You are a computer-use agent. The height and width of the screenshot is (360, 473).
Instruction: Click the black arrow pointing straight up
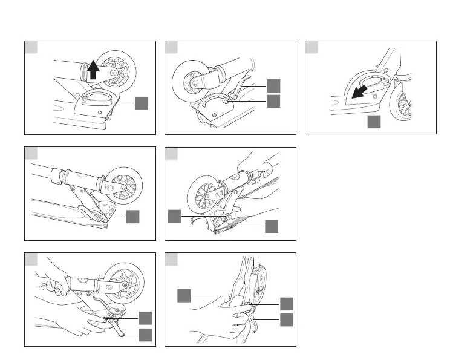click(93, 72)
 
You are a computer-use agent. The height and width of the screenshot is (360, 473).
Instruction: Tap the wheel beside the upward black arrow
click(117, 71)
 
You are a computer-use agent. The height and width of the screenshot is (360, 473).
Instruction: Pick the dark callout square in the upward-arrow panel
click(142, 103)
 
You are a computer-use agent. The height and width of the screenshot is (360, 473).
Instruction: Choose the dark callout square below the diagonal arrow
click(375, 123)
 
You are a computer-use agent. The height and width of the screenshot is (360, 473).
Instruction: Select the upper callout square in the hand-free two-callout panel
click(274, 85)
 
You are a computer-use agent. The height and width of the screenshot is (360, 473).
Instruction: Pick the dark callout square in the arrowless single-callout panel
click(133, 217)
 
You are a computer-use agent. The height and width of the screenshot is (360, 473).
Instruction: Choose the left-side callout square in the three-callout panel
click(184, 295)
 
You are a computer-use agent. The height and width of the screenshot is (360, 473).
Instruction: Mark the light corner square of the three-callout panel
click(172, 259)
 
